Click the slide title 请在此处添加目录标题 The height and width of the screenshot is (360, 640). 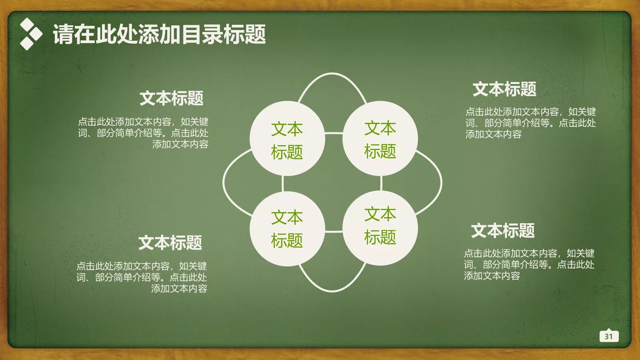click(x=159, y=34)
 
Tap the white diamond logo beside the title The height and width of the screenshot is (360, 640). click(x=30, y=34)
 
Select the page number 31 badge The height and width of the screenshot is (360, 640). click(x=609, y=336)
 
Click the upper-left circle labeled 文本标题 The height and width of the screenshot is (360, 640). click(x=287, y=138)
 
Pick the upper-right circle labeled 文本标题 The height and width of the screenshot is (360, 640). click(x=380, y=138)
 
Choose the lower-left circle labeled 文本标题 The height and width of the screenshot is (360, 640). click(x=287, y=229)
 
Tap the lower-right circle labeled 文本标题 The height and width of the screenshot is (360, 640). click(x=380, y=228)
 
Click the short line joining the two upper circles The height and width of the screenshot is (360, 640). click(x=334, y=133)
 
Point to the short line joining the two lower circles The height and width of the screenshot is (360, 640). click(x=334, y=231)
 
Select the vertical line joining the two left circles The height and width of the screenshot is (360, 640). click(x=283, y=184)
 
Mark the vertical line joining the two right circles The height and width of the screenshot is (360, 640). click(x=381, y=184)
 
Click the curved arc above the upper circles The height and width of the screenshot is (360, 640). click(x=332, y=74)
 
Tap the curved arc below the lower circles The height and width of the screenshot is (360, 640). click(x=332, y=291)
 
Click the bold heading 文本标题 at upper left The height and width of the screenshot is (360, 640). click(x=172, y=98)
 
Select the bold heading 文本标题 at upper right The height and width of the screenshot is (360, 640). click(x=504, y=89)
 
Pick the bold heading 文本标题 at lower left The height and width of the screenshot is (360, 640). click(x=170, y=243)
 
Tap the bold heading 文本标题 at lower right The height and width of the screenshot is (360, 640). click(x=503, y=231)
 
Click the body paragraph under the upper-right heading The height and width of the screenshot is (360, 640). click(x=530, y=123)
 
